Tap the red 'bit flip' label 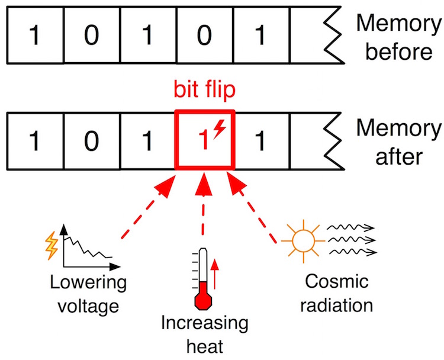coord(204,90)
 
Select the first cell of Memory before coord(36,35)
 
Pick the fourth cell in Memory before coord(205,35)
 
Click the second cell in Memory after coord(92,141)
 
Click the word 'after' coord(399,157)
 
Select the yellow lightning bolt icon coord(52,245)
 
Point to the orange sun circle coord(303,241)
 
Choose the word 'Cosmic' coord(337,281)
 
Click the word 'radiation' coord(337,306)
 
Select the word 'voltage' coord(88,307)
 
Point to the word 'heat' coord(205,346)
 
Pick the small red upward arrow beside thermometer coord(215,274)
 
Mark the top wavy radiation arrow coord(351,227)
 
